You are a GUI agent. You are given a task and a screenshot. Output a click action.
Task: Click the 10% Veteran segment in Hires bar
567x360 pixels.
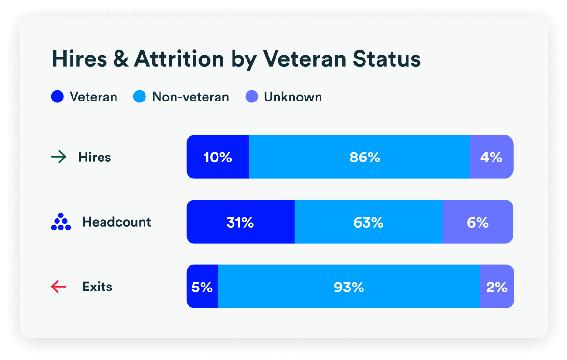(x=218, y=157)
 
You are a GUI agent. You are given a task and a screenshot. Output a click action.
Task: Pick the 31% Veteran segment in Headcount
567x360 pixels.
(x=240, y=222)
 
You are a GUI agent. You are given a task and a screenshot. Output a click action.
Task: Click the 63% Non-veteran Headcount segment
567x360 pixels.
(x=368, y=222)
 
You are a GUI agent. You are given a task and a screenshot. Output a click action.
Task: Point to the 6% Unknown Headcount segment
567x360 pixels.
(x=478, y=222)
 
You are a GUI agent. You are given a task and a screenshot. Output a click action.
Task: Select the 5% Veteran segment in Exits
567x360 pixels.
(x=202, y=287)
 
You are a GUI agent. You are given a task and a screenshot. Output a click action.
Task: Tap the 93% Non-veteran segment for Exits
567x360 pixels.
(x=349, y=287)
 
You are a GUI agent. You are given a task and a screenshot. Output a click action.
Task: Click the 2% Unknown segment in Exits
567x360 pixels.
(x=497, y=287)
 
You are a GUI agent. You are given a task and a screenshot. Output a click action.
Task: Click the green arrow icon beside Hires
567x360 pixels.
(x=58, y=157)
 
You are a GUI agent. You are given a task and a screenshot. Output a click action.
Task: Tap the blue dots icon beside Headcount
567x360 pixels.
(x=61, y=222)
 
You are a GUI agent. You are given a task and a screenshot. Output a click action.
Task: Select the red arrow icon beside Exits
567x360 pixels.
(x=58, y=287)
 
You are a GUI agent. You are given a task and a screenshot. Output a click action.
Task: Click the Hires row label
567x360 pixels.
(x=95, y=157)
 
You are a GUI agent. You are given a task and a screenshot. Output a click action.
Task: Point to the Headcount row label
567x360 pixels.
(x=116, y=222)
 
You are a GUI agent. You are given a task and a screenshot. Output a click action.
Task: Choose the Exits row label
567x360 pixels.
(x=97, y=287)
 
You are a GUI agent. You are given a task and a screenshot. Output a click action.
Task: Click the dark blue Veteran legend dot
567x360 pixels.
(x=57, y=97)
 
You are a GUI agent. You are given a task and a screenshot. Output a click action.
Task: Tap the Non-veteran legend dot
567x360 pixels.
(x=139, y=97)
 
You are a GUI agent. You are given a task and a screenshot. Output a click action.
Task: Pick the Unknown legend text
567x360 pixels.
(x=292, y=97)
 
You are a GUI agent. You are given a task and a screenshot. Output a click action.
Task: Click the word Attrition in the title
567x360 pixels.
(x=179, y=59)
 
